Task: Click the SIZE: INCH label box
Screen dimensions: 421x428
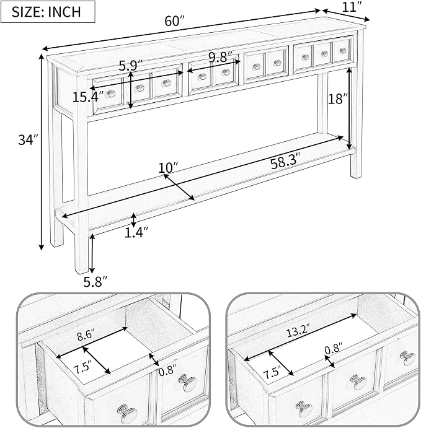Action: [x=48, y=12]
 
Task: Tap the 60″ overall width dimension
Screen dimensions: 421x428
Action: [x=175, y=20]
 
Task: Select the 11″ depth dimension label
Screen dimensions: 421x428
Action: [x=353, y=7]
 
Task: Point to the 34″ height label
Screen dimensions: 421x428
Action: [x=29, y=140]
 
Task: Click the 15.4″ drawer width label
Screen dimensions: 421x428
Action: [x=88, y=97]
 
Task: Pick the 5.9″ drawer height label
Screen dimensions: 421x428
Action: [x=131, y=66]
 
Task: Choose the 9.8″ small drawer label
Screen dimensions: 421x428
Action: [x=221, y=58]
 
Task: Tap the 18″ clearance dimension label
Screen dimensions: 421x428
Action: [x=338, y=98]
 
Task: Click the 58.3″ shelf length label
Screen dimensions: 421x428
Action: [x=285, y=164]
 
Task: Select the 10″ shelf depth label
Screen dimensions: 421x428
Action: [x=168, y=167]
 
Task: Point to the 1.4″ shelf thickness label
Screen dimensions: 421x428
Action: [x=136, y=232]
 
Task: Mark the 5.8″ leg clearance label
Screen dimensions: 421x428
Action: [x=95, y=282]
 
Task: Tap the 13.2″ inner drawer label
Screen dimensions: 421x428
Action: [x=298, y=332]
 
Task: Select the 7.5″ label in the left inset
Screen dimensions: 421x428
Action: [x=82, y=369]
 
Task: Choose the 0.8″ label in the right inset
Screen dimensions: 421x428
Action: [x=334, y=349]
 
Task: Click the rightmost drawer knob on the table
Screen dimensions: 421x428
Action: [x=343, y=51]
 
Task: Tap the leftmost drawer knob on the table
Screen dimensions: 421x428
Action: [x=110, y=94]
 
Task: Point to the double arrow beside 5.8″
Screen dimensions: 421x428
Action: [x=92, y=253]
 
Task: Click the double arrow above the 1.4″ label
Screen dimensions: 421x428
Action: [x=133, y=221]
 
